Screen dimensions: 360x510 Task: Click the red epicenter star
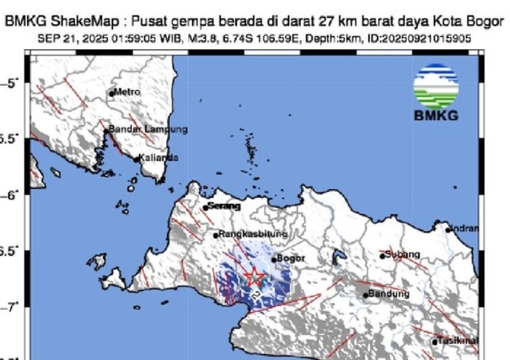(254, 276)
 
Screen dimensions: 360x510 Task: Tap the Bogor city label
(292, 259)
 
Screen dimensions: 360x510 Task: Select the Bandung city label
(388, 294)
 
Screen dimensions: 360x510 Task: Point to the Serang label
(224, 206)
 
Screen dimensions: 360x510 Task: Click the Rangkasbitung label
(253, 234)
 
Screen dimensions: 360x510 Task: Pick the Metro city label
(127, 92)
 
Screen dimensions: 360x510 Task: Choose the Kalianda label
(158, 158)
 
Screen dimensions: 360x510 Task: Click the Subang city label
(403, 254)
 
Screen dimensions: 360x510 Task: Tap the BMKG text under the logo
(436, 115)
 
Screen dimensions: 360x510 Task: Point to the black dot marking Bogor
(274, 260)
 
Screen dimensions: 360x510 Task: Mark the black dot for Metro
(112, 93)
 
